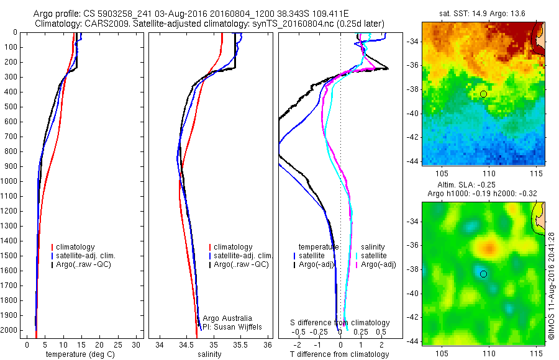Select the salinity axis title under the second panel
pos(209,354)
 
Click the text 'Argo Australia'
pos(227,318)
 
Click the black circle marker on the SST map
pos(483,94)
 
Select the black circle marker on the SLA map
pos(483,274)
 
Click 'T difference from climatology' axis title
pos(340,354)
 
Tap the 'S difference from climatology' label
pos(340,323)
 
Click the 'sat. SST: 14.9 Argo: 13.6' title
pos(483,12)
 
